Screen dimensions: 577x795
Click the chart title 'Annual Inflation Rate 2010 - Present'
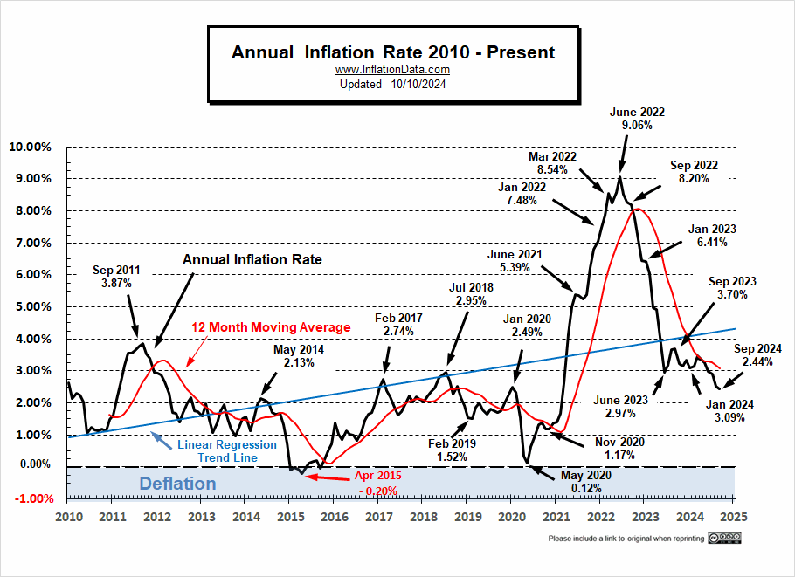click(x=392, y=52)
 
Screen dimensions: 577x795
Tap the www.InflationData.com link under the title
click(x=392, y=70)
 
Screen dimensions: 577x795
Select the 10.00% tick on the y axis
click(x=31, y=147)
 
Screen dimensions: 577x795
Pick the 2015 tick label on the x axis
click(x=290, y=516)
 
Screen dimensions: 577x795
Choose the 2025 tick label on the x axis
click(x=734, y=516)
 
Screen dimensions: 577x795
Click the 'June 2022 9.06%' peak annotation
click(x=638, y=119)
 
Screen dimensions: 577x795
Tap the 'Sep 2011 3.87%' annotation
click(x=114, y=277)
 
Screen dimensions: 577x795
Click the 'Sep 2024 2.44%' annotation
click(x=757, y=354)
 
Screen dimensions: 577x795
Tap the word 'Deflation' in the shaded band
click(x=176, y=483)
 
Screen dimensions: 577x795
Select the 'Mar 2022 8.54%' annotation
click(x=554, y=163)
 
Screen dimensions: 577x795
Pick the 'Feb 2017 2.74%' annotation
click(x=398, y=326)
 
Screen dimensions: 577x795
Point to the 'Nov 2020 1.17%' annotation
click(x=620, y=450)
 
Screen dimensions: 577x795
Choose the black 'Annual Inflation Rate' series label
click(x=252, y=259)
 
